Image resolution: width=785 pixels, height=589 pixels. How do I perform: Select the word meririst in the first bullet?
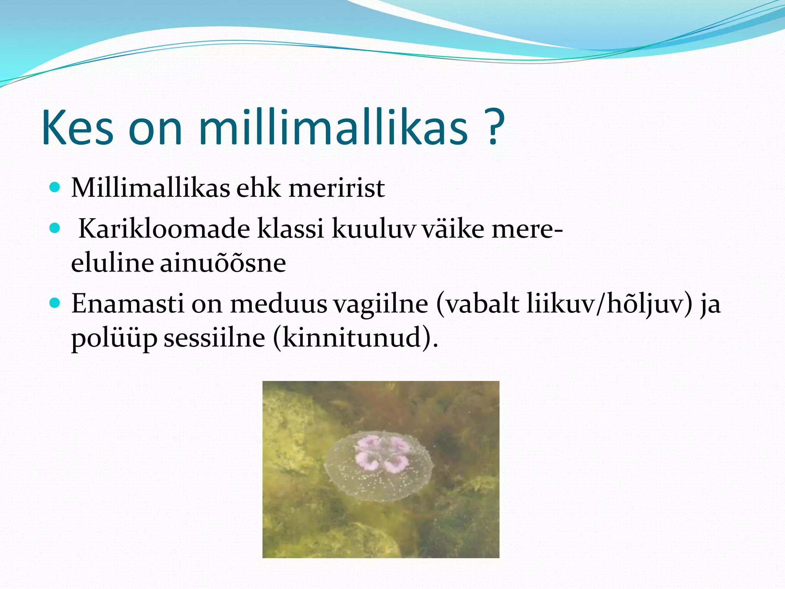337,188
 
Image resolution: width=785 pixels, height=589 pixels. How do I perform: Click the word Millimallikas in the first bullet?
151,188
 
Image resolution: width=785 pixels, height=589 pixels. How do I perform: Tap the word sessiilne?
214,338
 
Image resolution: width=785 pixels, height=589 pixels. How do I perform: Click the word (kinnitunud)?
355,338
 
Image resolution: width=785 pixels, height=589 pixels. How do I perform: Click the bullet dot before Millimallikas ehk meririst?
55,187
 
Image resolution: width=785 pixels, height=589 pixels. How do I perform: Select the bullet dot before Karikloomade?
55,229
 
